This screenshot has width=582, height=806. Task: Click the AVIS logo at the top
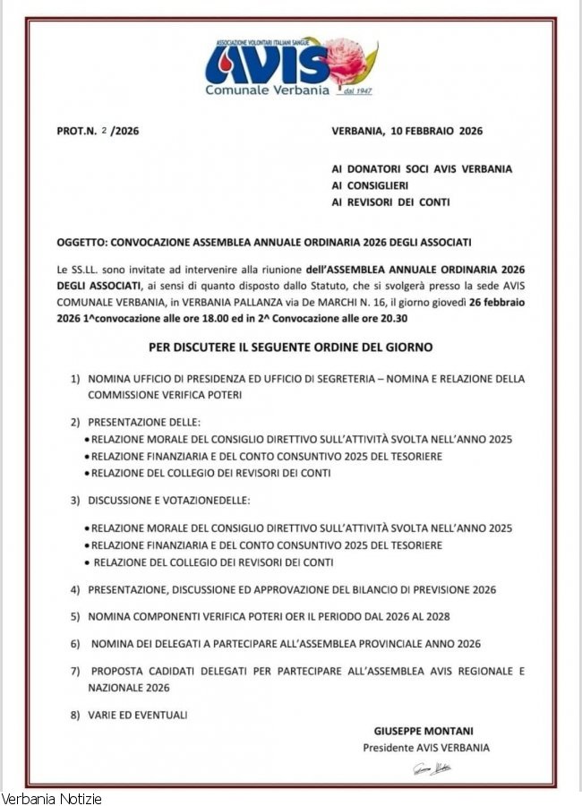(x=267, y=63)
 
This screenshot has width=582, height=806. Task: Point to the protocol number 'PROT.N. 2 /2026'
(x=98, y=131)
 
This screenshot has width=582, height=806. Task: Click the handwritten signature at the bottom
(x=432, y=768)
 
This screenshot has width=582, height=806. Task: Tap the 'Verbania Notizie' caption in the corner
(x=51, y=798)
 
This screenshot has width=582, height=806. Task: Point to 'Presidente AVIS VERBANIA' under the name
(x=426, y=747)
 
